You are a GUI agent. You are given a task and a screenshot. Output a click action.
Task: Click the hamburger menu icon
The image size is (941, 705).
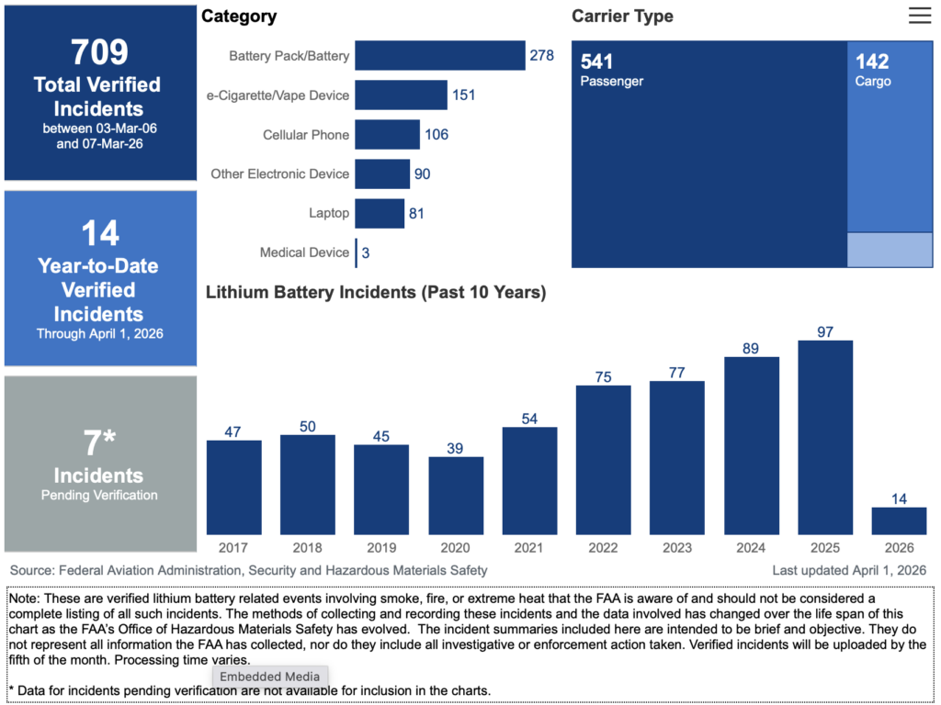[x=919, y=16]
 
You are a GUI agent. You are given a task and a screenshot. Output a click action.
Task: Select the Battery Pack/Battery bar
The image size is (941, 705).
[x=439, y=55]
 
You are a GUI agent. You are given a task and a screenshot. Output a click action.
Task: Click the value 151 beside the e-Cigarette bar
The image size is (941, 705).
[x=464, y=95]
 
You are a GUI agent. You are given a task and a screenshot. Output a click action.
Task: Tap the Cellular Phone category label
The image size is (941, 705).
[x=306, y=135]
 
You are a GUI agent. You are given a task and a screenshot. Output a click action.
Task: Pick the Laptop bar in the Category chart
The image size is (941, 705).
[x=379, y=213]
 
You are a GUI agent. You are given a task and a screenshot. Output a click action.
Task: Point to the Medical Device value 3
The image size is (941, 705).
[x=366, y=252]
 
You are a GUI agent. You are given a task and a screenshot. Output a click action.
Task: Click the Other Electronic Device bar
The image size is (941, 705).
[x=382, y=173]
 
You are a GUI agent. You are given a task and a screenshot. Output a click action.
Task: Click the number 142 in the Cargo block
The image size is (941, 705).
[x=872, y=62]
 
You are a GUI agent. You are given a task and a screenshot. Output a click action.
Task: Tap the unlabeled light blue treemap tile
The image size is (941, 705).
[x=889, y=250]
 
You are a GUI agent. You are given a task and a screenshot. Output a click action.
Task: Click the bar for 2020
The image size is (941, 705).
[x=456, y=495]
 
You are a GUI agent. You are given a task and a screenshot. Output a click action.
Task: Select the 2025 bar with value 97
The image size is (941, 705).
[x=825, y=437]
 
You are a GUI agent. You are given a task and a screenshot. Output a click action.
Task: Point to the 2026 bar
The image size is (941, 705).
[x=899, y=520]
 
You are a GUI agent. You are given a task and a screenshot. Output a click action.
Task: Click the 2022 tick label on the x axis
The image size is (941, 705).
[x=603, y=548]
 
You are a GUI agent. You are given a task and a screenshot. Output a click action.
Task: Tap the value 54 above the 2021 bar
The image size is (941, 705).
[x=529, y=418]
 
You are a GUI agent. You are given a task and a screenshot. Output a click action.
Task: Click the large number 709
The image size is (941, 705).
[x=100, y=52]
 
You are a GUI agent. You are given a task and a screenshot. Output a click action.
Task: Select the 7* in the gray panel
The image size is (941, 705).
[x=98, y=443]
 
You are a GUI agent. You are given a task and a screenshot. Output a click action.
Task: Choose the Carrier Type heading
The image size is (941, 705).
[x=622, y=17]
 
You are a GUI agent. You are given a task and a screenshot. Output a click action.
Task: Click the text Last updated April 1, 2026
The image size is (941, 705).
[x=849, y=570]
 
